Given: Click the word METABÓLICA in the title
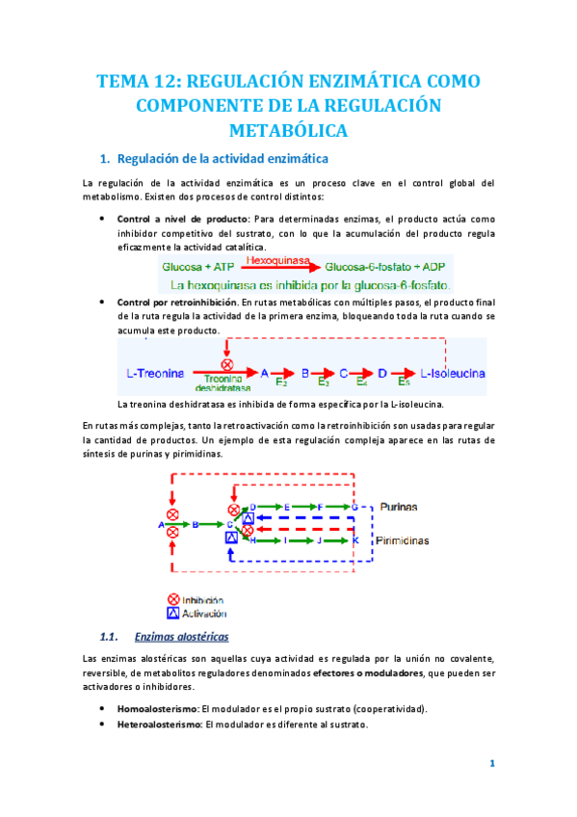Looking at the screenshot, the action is [x=288, y=128].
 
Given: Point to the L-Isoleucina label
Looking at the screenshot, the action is [x=453, y=373].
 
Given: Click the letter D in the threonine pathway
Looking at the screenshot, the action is [x=382, y=372].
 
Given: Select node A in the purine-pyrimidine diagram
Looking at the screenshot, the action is [x=160, y=524].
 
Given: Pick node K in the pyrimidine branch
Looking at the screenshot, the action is [x=354, y=541].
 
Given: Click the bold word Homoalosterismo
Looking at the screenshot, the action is [x=155, y=708].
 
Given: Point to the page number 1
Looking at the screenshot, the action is [x=491, y=764].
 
